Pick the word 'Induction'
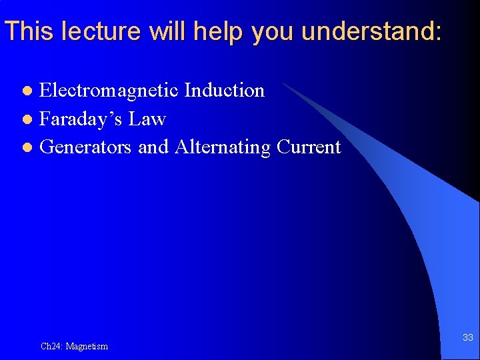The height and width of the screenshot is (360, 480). [224, 90]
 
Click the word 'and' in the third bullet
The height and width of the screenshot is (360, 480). [153, 147]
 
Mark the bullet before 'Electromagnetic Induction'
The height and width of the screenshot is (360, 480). [27, 91]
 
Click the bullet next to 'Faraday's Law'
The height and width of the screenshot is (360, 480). [27, 119]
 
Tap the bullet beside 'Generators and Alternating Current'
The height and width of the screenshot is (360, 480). [27, 147]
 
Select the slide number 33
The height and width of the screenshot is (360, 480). [468, 338]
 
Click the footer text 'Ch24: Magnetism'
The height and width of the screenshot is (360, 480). [74, 346]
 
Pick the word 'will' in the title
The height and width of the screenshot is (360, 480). [155, 31]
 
